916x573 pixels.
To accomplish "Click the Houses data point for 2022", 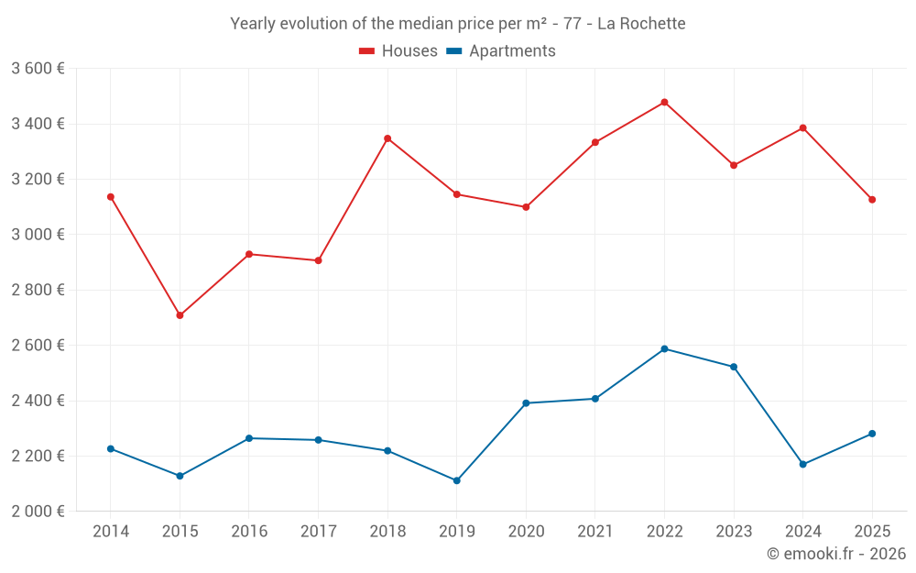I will point(664,102).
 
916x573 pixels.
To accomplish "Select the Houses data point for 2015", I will point(180,315).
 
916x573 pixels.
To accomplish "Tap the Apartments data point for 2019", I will point(456,480).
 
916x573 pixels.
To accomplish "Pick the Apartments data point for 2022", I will point(664,348).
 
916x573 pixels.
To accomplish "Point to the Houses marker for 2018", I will point(387,138).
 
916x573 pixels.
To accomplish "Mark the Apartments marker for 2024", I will point(802,464).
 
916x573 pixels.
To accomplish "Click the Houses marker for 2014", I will point(111,197).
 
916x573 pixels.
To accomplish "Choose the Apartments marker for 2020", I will point(526,403).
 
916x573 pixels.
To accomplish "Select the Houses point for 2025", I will point(872,200).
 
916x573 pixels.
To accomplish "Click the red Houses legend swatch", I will point(366,51).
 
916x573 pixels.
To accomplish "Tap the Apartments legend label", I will point(512,51).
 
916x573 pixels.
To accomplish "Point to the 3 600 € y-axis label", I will point(38,69).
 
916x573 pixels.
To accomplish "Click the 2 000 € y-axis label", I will point(38,512).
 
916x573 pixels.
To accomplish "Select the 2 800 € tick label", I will point(38,290).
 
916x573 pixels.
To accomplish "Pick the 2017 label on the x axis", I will point(318,532).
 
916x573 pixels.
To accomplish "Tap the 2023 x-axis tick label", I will point(734,532).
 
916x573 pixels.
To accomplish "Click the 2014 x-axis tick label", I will point(111,532).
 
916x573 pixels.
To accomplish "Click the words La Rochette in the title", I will point(640,23).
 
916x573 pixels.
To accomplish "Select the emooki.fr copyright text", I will point(835,554).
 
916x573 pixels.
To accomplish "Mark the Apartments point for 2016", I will point(249,438).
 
